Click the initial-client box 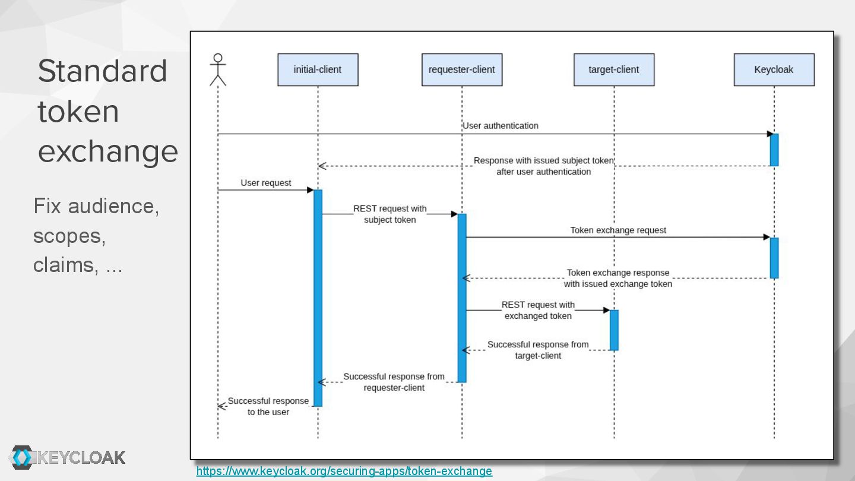point(318,69)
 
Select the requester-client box point(461,69)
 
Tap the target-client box point(613,69)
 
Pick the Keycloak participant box point(774,69)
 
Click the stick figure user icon point(218,69)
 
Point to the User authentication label point(500,126)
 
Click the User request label point(265,183)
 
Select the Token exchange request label point(618,230)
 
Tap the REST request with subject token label point(390,214)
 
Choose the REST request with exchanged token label point(538,310)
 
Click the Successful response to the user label point(268,406)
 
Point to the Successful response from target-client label point(538,350)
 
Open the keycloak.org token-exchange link point(344,471)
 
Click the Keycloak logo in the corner point(67,457)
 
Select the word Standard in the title point(102,71)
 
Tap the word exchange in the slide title point(107,151)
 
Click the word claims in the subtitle point(65,265)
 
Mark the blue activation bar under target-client point(614,330)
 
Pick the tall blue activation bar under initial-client point(318,298)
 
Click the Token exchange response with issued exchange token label point(618,278)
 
